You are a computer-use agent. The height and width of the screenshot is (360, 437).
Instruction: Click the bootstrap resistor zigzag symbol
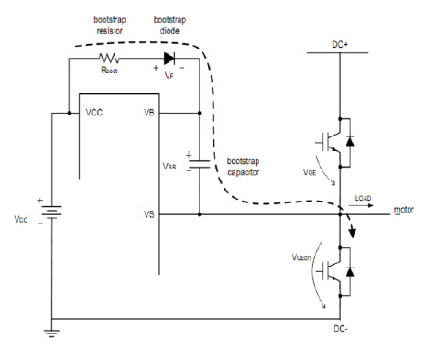click(x=109, y=58)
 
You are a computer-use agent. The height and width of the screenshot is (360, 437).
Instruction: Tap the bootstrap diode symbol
click(x=169, y=59)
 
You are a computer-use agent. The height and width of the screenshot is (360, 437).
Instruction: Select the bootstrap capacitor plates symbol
click(x=199, y=164)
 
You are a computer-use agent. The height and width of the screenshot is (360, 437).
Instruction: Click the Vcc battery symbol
click(x=51, y=213)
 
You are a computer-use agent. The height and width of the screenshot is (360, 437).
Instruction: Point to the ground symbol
click(x=51, y=333)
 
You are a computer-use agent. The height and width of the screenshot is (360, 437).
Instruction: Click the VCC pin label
click(x=94, y=113)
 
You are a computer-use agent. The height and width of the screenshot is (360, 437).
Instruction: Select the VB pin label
click(x=149, y=113)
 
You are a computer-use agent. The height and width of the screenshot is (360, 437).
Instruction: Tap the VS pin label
click(x=149, y=214)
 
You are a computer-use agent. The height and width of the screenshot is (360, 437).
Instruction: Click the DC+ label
click(x=340, y=45)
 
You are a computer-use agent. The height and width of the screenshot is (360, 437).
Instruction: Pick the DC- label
click(x=341, y=329)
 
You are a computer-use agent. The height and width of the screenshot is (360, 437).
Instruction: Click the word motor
click(x=404, y=210)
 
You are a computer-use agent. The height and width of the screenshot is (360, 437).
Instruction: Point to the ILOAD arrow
click(x=361, y=205)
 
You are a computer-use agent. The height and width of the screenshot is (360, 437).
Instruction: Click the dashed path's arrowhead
click(x=353, y=233)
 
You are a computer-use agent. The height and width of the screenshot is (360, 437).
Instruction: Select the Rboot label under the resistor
click(x=109, y=70)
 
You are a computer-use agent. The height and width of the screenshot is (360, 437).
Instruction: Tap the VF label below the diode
click(x=169, y=75)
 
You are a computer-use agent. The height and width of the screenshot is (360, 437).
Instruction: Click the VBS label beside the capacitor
click(x=169, y=167)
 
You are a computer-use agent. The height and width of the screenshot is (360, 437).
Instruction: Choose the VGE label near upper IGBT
click(x=310, y=172)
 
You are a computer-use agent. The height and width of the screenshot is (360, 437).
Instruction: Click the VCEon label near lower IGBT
click(x=301, y=257)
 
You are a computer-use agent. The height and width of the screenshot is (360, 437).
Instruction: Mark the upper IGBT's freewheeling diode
click(x=350, y=142)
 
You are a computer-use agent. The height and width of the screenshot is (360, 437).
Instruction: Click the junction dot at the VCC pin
click(x=69, y=113)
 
